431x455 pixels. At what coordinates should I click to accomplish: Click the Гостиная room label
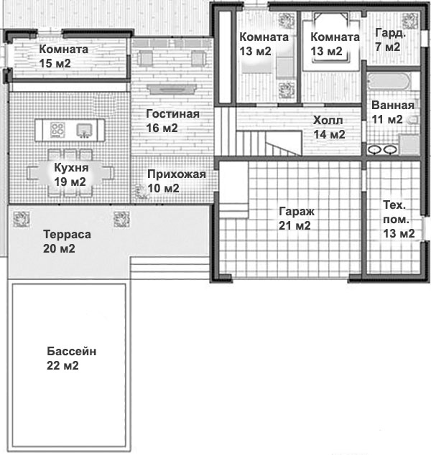pos(172,113)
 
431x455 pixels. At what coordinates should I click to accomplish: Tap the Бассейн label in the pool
pos(71,351)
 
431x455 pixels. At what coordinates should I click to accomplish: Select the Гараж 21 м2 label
pos(296,218)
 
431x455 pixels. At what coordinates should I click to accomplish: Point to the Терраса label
pos(67,234)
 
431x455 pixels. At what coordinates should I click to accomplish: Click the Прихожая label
pos(177,174)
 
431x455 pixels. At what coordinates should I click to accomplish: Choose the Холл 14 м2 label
pos(329,127)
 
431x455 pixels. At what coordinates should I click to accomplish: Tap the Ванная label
pos(393,105)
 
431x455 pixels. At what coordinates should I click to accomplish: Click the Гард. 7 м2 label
pos(390,39)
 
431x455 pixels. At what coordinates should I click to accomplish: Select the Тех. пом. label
pos(396,212)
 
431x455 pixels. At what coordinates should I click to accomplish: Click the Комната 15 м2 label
pos(64,56)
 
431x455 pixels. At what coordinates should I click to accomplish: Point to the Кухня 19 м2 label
pos(71,174)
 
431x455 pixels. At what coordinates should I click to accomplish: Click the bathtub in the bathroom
pos(389,81)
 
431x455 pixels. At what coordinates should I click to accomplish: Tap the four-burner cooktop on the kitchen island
pos(57,130)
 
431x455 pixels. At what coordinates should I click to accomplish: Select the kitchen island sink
pos(84,131)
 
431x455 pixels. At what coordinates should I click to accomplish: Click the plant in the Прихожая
pos(142,192)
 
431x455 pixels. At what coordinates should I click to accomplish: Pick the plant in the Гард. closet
pos(409,21)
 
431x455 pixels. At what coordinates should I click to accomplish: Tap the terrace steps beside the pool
pos(170,268)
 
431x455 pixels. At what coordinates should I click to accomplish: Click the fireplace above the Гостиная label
pos(172,89)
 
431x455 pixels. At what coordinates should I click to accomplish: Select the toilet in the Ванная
pos(414,120)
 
